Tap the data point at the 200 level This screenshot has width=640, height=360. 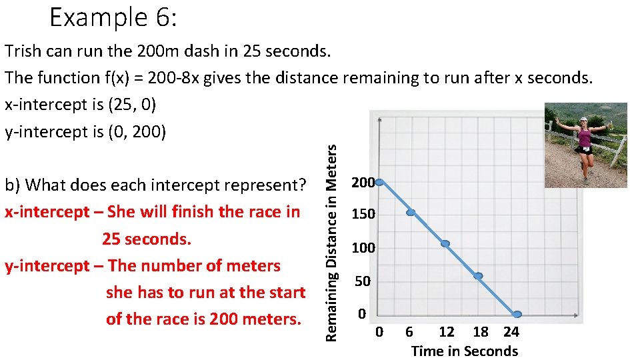click(379, 181)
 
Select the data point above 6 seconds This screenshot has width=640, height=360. click(411, 213)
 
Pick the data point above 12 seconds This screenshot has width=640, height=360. click(445, 244)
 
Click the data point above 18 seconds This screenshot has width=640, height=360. click(478, 275)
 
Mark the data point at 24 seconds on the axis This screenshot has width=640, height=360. click(517, 314)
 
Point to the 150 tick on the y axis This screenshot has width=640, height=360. click(363, 215)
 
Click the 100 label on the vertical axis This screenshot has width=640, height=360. click(363, 248)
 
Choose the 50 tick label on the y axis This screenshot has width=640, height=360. click(363, 282)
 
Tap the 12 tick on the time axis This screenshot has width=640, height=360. click(446, 332)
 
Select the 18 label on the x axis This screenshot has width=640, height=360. click(481, 332)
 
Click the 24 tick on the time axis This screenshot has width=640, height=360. click(511, 332)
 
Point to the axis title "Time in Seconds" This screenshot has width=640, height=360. click(464, 351)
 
